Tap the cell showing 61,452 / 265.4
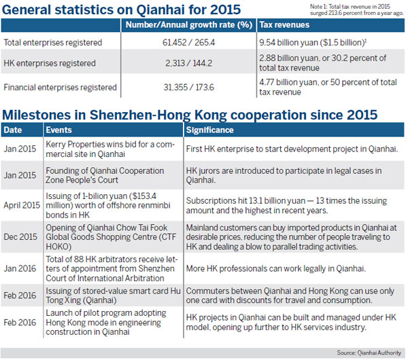pos(188,43)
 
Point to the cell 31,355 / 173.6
pos(188,87)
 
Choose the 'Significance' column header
pos(211,129)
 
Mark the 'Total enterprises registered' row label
pos(53,43)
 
